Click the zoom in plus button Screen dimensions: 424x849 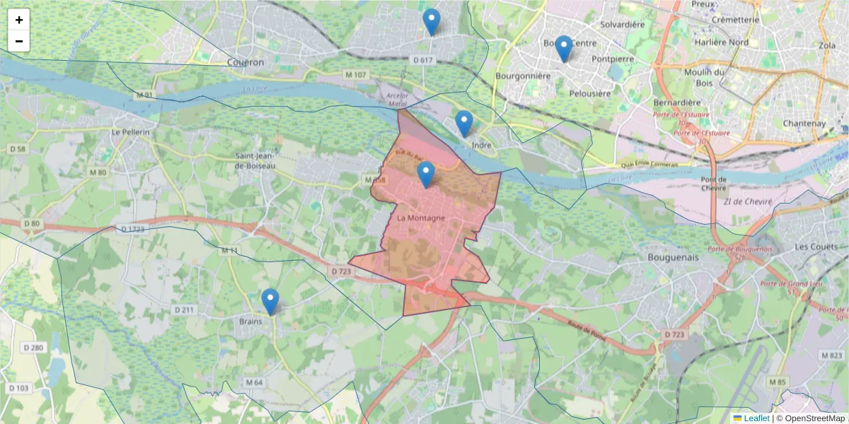[19, 20]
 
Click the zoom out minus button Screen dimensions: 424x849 [19, 41]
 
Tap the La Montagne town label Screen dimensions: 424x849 [421, 218]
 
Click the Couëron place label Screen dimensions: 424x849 [246, 62]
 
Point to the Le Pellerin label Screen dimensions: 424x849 [131, 132]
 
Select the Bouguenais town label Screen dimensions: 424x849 [673, 257]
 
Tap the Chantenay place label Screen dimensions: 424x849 [804, 123]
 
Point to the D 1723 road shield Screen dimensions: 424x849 [133, 229]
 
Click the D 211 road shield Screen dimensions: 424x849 [184, 310]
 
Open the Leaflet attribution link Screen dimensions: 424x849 [756, 418]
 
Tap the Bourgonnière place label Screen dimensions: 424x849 [523, 75]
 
